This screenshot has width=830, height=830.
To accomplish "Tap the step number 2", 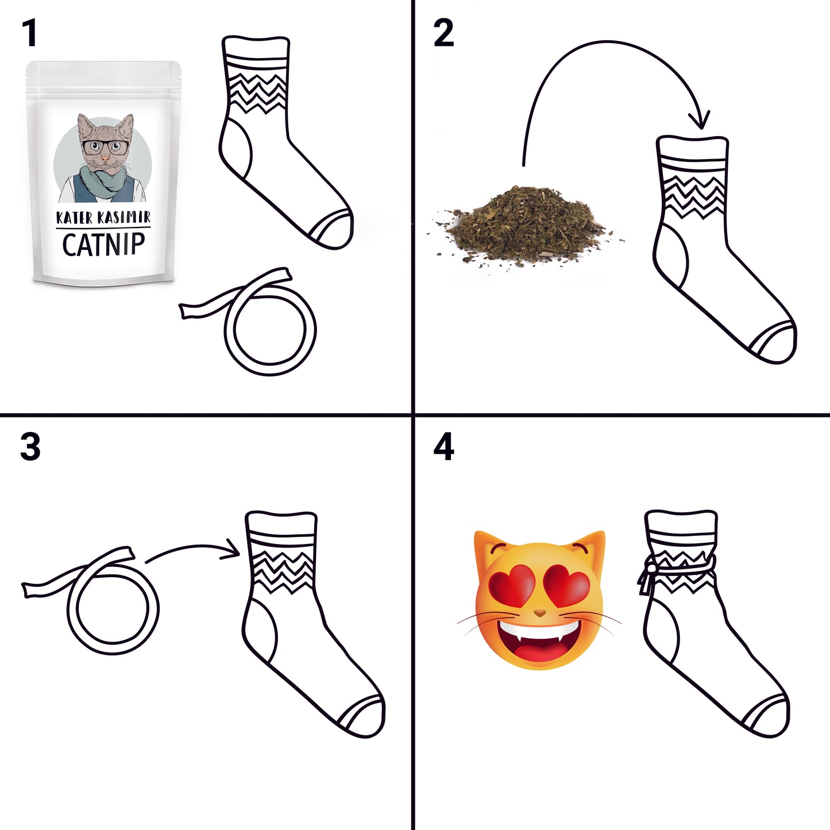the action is (x=443, y=33).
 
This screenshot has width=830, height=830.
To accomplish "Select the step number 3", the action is (x=30, y=447).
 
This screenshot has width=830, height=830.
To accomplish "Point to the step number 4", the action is (x=443, y=447).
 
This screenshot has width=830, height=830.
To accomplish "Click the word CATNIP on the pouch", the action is (x=103, y=245).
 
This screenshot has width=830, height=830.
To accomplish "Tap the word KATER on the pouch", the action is (x=75, y=218).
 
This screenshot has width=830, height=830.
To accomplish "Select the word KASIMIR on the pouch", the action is (x=124, y=217).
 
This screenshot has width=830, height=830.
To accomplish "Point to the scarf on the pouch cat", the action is (x=102, y=181).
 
